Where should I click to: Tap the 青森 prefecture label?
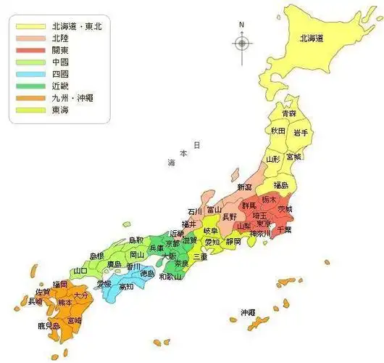point(289,114)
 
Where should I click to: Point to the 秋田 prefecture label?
point(277,131)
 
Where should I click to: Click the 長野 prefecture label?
point(228,216)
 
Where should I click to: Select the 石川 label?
point(195,211)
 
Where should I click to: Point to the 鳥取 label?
point(135,240)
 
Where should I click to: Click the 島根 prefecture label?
point(97,256)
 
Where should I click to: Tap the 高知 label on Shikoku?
point(126,287)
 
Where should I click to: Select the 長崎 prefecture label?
point(35,301)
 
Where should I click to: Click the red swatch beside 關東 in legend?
point(28,50)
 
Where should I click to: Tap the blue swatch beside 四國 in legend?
point(28,75)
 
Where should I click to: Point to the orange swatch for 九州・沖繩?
point(28,99)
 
